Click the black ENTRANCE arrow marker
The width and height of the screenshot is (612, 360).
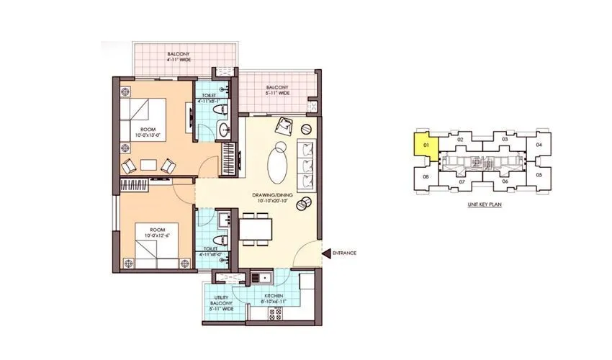(x=326, y=253)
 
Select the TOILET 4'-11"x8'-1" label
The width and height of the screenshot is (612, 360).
(x=210, y=98)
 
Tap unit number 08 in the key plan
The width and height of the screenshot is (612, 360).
(x=426, y=176)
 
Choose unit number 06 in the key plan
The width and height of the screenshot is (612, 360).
(x=505, y=181)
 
